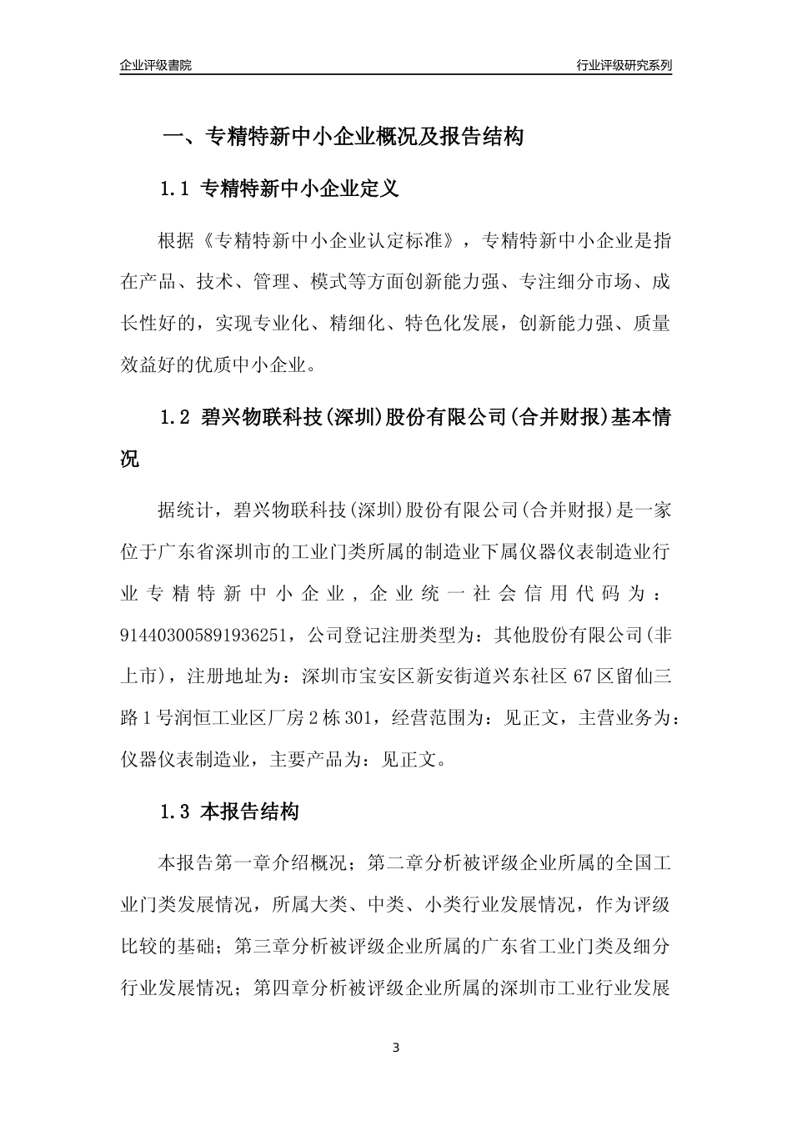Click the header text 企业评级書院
click(x=155, y=65)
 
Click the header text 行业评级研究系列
click(x=624, y=65)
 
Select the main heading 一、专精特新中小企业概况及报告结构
click(x=342, y=137)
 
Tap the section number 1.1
click(x=176, y=189)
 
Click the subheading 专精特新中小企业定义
click(x=301, y=189)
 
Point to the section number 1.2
click(x=176, y=417)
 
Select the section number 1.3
click(x=176, y=812)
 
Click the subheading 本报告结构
click(x=250, y=812)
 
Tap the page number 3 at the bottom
click(x=396, y=1048)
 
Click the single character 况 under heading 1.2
click(x=131, y=458)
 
